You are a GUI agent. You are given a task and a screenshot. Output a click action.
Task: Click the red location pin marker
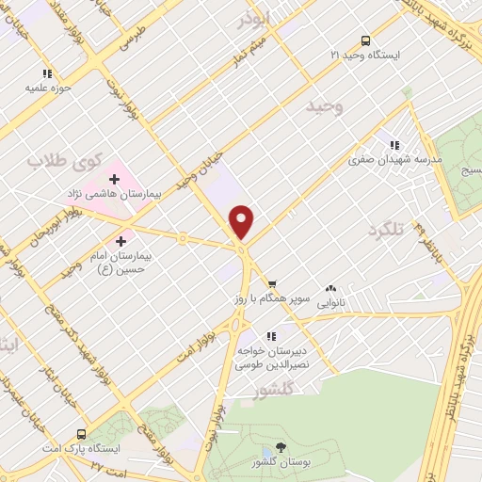point(243,222)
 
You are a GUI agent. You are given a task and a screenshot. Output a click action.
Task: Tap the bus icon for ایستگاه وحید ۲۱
point(365,40)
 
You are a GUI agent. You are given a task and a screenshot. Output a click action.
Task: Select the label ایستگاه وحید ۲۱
point(366,56)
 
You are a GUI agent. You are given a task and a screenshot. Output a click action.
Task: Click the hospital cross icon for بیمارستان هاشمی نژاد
point(115,178)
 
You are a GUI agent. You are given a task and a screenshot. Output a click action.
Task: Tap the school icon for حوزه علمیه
point(46,73)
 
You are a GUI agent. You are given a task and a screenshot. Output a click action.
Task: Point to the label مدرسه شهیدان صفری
point(395,160)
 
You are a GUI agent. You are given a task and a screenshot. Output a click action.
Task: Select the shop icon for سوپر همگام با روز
point(272,284)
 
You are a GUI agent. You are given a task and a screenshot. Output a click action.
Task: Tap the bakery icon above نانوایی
point(330,289)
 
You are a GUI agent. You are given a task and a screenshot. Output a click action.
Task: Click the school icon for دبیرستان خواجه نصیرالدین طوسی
point(271,335)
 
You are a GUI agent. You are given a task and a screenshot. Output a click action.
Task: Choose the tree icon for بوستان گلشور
point(281,449)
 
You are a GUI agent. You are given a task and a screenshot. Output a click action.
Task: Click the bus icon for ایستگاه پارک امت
point(81,434)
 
